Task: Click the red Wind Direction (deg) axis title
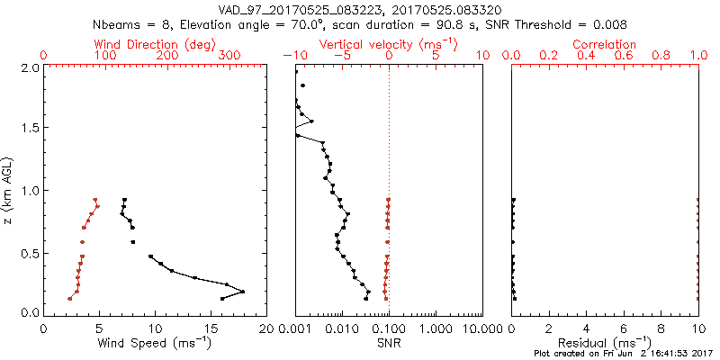point(156,44)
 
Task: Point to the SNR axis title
point(389,342)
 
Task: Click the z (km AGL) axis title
point(12,190)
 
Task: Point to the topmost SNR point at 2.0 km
point(296,71)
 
